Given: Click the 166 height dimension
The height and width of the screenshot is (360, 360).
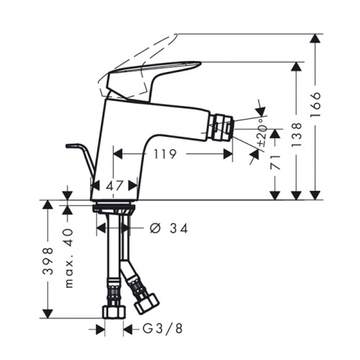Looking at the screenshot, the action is pyautogui.click(x=315, y=104).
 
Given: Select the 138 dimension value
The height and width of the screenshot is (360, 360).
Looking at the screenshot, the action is pyautogui.click(x=296, y=135).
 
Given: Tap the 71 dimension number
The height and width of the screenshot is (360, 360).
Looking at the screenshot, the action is pyautogui.click(x=275, y=162).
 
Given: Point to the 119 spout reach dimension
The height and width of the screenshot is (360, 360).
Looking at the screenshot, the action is pyautogui.click(x=165, y=154).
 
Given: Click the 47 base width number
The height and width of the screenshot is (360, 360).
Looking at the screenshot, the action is pyautogui.click(x=114, y=186).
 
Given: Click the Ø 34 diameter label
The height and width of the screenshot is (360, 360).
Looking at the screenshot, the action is pyautogui.click(x=168, y=228).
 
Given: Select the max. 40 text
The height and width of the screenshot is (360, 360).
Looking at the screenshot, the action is pyautogui.click(x=68, y=258).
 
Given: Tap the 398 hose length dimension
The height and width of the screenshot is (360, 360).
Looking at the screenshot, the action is pyautogui.click(x=48, y=261).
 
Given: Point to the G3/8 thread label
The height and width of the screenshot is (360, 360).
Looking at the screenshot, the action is pyautogui.click(x=163, y=328).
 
